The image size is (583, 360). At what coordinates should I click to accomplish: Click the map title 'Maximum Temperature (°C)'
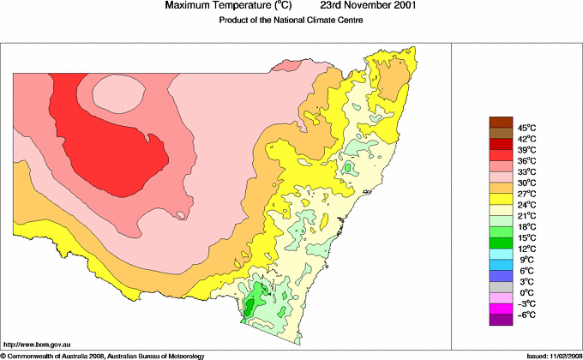[231, 6]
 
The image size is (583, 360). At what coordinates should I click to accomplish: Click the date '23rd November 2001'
[370, 6]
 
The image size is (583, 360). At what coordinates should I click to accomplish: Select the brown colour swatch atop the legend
[501, 121]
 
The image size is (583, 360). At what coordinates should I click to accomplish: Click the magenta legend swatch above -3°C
[501, 297]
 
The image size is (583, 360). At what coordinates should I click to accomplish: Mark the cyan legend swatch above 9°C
[501, 254]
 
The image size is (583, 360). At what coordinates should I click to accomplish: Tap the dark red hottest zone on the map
[111, 150]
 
